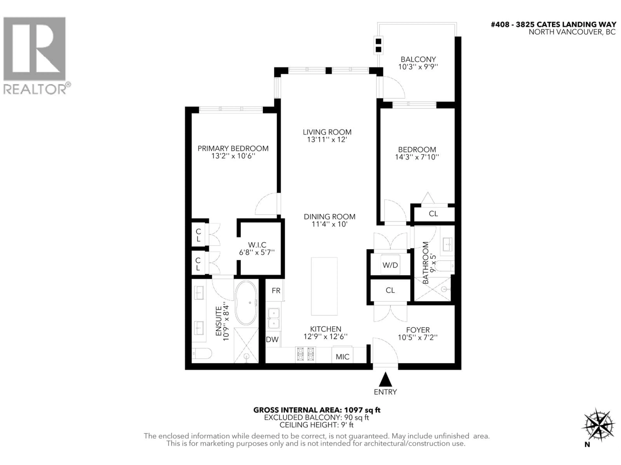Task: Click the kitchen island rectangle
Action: tap(324, 286)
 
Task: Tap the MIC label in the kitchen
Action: tap(343, 357)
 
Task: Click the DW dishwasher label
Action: tap(272, 340)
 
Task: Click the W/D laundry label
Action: tap(390, 265)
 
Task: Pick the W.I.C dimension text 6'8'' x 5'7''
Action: tap(257, 253)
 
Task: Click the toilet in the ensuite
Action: tap(201, 354)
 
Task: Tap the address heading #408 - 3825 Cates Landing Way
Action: tap(553, 25)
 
